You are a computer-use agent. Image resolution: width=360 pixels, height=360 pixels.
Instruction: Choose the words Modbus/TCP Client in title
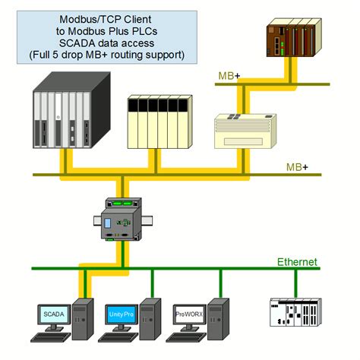pyautogui.click(x=103, y=18)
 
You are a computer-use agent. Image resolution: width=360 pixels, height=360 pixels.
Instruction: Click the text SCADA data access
pyautogui.click(x=103, y=43)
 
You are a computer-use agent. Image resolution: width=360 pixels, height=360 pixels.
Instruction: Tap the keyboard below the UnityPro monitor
pyautogui.click(x=119, y=339)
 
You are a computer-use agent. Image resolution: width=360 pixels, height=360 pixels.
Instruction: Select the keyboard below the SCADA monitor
pyautogui.click(x=52, y=339)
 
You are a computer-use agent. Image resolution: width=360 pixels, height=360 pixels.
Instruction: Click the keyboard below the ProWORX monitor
pyautogui.click(x=187, y=339)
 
